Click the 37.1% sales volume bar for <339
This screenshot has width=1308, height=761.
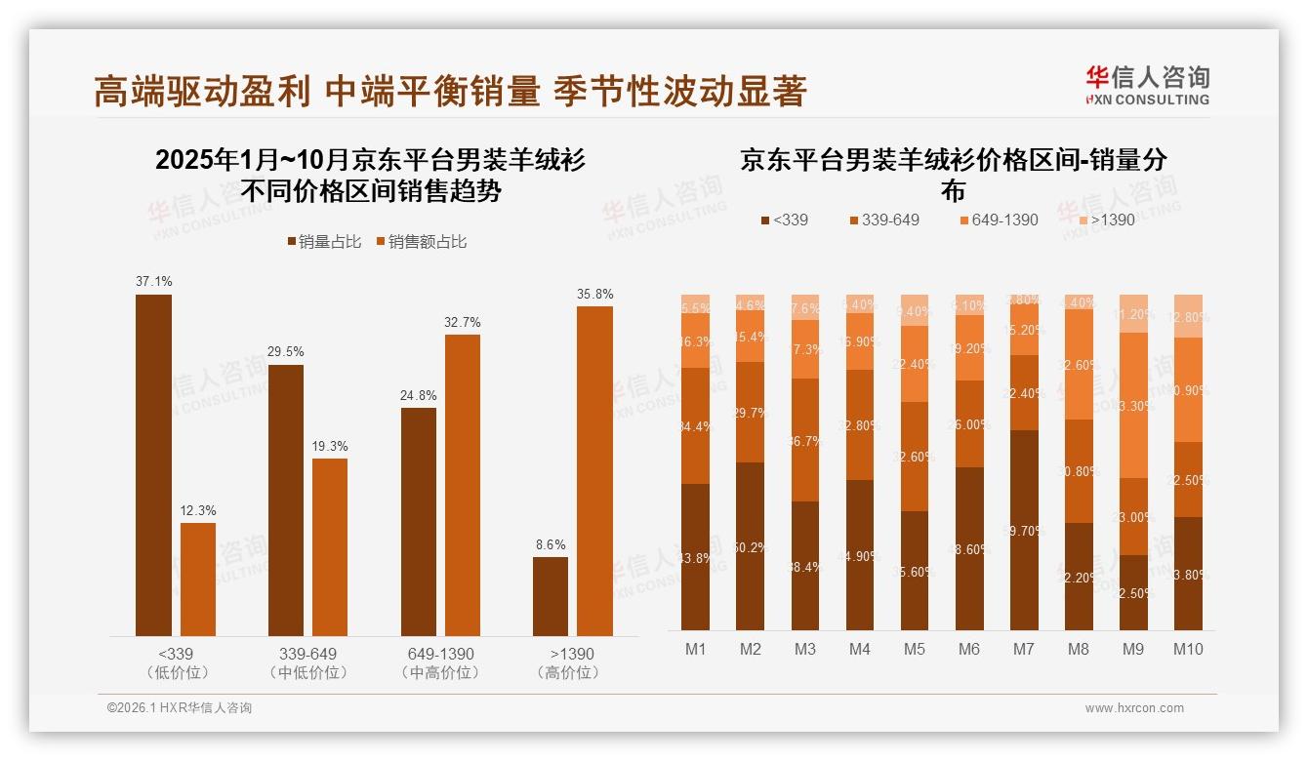click(x=153, y=465)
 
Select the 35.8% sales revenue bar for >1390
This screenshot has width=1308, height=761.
click(x=594, y=471)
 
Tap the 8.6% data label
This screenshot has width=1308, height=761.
click(x=550, y=544)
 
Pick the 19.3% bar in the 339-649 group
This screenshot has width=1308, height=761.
click(x=330, y=547)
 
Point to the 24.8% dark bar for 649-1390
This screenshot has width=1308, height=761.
click(x=419, y=522)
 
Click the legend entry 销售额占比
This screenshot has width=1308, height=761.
click(x=422, y=242)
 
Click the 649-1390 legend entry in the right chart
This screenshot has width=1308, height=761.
click(x=1000, y=220)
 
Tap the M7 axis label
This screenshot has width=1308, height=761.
click(x=1024, y=650)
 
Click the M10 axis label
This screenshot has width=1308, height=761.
click(x=1188, y=650)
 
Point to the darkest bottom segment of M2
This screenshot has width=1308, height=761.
click(x=751, y=546)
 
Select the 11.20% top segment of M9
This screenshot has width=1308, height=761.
click(x=1133, y=313)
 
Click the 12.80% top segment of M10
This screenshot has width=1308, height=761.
click(x=1188, y=316)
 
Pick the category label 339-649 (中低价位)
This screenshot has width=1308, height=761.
click(x=307, y=662)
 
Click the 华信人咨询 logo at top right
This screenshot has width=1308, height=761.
click(x=1147, y=86)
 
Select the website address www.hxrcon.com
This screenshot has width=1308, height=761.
click(x=1134, y=708)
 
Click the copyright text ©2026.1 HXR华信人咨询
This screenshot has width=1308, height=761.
click(x=180, y=708)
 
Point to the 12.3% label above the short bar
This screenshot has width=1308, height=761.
click(x=198, y=510)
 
